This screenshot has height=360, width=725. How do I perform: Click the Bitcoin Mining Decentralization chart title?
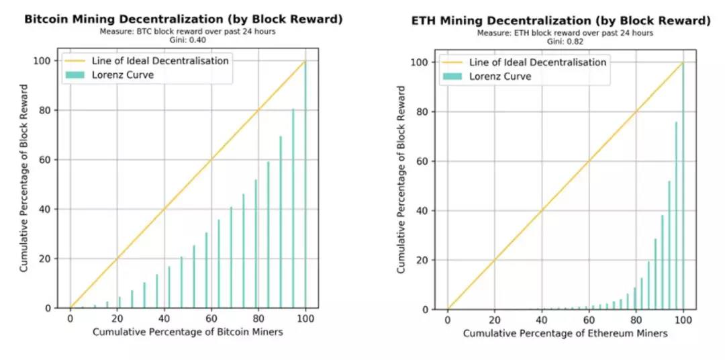[183, 19]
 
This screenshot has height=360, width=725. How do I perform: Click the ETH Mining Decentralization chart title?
[561, 20]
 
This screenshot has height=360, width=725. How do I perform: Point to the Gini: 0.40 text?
[183, 39]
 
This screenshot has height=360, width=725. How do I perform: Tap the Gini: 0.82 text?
[561, 41]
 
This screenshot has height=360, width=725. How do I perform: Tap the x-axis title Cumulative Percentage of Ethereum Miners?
[565, 333]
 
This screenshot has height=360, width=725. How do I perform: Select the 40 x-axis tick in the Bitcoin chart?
[164, 319]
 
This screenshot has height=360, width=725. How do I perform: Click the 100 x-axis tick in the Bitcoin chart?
[306, 319]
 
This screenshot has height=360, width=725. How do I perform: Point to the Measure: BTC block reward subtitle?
[183, 31]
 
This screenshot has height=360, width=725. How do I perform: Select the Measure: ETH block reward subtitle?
[561, 33]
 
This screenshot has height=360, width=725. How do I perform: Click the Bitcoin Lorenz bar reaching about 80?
[293, 208]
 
